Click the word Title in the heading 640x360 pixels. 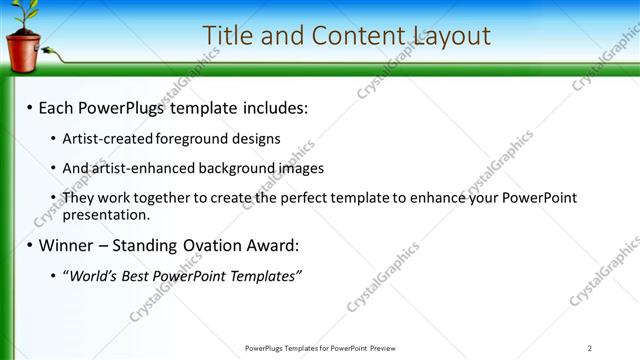coord(226,36)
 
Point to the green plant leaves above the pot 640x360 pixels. coord(23,13)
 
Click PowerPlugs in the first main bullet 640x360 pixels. coord(122,106)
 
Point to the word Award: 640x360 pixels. coord(271,245)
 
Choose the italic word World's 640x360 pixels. coord(93,275)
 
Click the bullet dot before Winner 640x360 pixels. coord(29,245)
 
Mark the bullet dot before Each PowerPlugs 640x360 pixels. coord(29,106)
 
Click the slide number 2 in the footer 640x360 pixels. coord(590,348)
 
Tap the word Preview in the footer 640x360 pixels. coord(383,348)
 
